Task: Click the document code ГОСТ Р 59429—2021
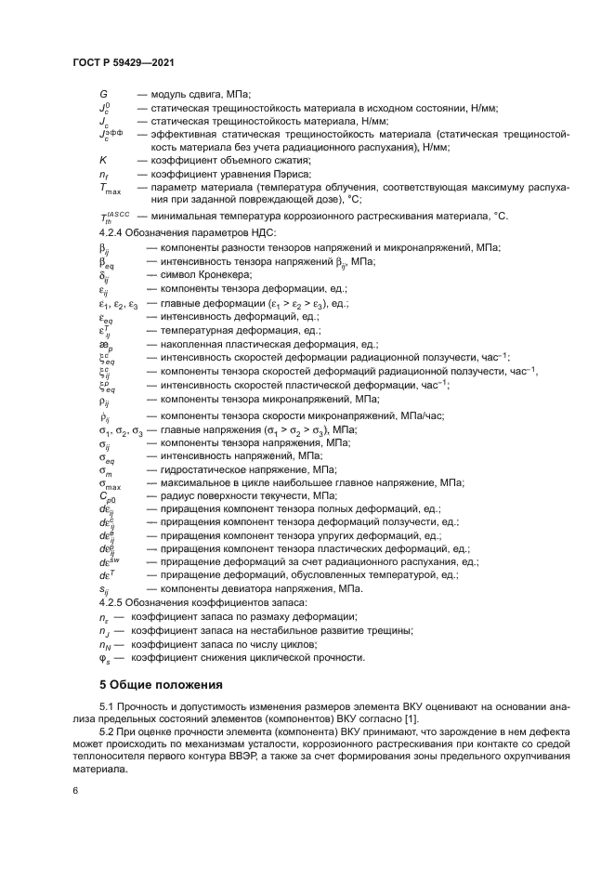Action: point(124,62)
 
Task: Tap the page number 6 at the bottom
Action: point(75,790)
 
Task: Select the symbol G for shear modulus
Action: point(103,94)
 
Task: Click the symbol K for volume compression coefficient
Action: point(103,160)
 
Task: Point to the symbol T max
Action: point(109,188)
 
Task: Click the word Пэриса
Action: point(280,174)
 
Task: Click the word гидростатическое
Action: point(201,470)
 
